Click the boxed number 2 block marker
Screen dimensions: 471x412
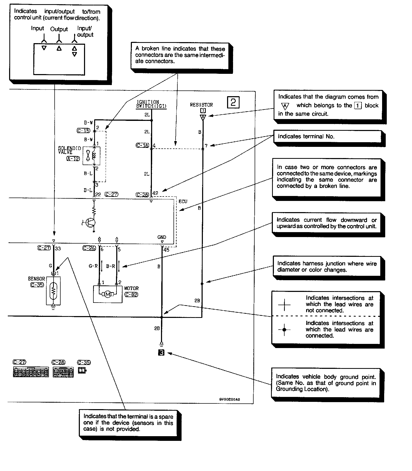point(233,102)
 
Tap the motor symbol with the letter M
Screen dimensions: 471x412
point(108,294)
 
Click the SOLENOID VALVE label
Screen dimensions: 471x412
point(69,150)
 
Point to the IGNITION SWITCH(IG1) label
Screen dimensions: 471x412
point(151,104)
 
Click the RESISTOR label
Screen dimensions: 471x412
point(201,105)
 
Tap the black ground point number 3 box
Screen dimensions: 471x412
point(161,353)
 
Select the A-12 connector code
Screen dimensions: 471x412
point(73,159)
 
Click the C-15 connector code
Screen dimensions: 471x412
point(83,130)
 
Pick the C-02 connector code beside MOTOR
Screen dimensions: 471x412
point(131,295)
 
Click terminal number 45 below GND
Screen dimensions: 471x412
point(166,250)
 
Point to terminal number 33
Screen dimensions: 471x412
point(58,248)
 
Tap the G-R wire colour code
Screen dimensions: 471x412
point(93,266)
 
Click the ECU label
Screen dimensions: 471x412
point(183,201)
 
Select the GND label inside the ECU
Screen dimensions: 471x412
point(162,237)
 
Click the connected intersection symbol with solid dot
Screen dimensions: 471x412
point(284,330)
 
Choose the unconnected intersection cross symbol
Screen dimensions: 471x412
point(284,304)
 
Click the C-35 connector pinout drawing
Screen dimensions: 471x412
point(82,370)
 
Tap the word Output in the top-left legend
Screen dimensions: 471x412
point(59,29)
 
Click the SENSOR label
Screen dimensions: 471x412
point(36,279)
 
